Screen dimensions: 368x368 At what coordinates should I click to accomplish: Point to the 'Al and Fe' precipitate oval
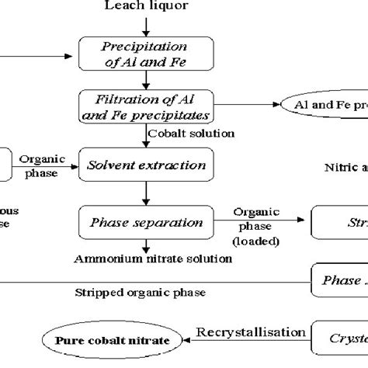[x=326, y=104]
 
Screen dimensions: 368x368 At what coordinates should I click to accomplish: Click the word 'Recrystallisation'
[x=251, y=332]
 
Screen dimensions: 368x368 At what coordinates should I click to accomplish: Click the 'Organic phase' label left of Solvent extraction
[x=38, y=165]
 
